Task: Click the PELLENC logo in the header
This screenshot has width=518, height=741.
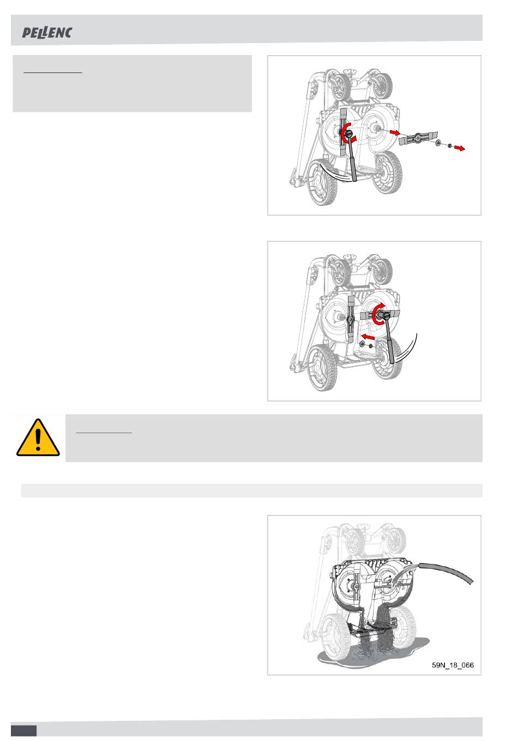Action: pos(47,33)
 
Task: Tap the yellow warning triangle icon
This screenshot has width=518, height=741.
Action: pos(38,438)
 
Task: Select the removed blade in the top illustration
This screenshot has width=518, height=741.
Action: pos(418,137)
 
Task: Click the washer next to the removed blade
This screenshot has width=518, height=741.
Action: pos(438,143)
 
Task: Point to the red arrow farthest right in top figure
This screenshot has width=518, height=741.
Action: pos(460,148)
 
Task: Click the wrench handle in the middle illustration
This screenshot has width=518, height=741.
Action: pos(389,341)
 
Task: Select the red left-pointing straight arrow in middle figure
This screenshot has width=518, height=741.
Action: pos(368,337)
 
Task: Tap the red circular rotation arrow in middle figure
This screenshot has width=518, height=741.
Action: pos(379,313)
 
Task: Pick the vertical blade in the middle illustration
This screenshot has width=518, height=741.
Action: pos(351,319)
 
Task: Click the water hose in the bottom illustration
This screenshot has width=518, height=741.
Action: pos(446,572)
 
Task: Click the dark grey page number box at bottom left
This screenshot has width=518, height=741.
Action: pos(24,731)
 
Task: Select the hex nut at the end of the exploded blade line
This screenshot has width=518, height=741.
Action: pos(449,145)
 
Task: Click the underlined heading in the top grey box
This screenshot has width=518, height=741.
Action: pos(53,72)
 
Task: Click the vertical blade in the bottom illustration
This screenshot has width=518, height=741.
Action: pos(356,586)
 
